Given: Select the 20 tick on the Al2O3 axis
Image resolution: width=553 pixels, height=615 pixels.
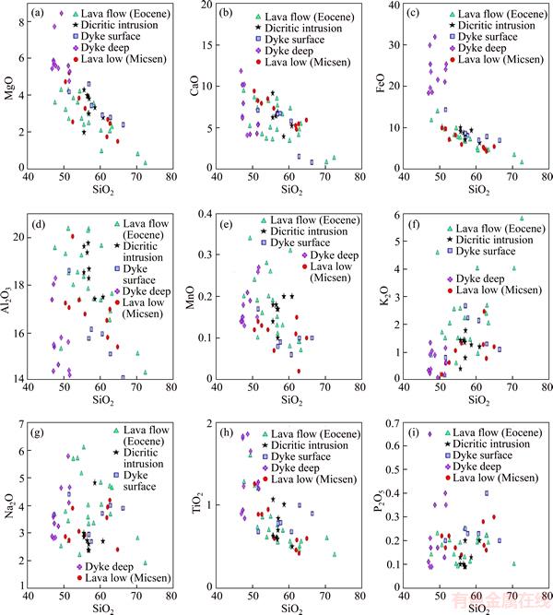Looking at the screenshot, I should [24, 237].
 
